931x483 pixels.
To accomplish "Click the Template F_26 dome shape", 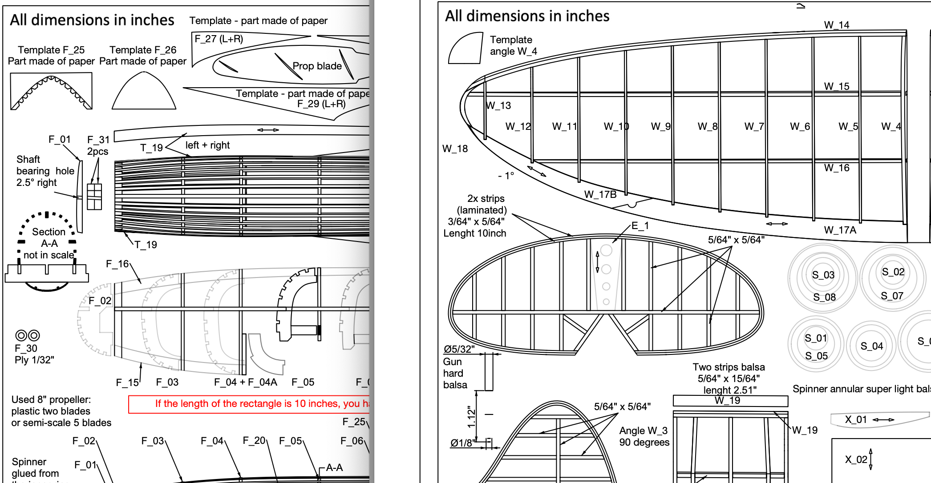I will [144, 93].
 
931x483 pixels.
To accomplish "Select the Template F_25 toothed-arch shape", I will [51, 92].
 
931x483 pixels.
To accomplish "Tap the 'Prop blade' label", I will [317, 66].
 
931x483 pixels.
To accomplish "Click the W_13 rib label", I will [498, 105].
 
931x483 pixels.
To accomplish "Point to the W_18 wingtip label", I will [455, 149].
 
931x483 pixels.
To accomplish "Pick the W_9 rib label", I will [660, 126].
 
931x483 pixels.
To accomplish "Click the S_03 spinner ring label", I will [823, 275].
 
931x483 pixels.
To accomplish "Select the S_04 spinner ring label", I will [871, 346].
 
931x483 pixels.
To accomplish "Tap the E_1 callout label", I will [640, 226].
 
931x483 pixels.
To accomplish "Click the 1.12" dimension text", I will [471, 417].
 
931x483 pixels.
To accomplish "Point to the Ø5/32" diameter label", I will [459, 349].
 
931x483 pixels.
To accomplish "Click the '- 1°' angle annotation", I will [506, 176].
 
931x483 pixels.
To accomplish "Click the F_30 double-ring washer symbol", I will [28, 335].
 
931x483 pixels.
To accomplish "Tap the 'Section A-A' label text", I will [49, 237].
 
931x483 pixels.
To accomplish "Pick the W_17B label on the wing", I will [600, 194].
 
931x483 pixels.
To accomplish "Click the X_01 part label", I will [856, 419].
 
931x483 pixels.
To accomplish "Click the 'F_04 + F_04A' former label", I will [245, 382].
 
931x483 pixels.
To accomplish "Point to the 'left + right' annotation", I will [207, 145].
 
